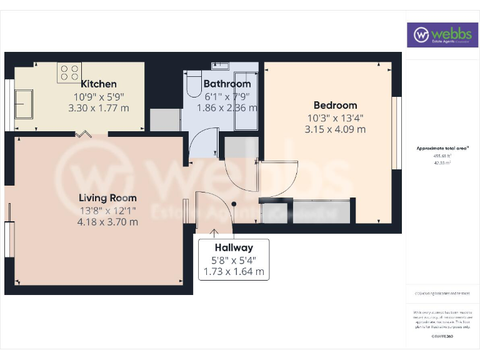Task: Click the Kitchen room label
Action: click(99, 84)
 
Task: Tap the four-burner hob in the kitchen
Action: click(69, 72)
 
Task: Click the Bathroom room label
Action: click(227, 84)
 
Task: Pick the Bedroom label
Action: click(335, 105)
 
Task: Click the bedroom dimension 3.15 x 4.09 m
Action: click(335, 129)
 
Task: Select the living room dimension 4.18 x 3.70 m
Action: click(107, 221)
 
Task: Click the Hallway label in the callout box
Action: click(234, 248)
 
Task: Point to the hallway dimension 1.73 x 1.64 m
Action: click(234, 272)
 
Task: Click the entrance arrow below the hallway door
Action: click(214, 234)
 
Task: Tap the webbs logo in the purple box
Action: click(443, 35)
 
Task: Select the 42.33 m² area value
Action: click(442, 162)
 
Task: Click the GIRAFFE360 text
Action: click(442, 336)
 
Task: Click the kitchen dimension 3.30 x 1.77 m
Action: click(99, 107)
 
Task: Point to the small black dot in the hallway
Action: click(234, 204)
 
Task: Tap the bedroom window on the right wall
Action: click(395, 132)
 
